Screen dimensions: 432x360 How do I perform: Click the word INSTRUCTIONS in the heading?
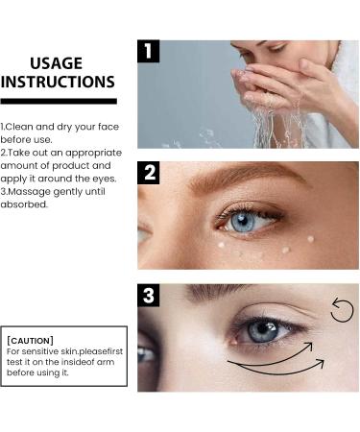point(58,83)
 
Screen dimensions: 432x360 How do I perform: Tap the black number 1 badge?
point(148,51)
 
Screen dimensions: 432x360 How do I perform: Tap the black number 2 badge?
point(148,173)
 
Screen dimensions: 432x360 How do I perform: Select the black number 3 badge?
point(148,296)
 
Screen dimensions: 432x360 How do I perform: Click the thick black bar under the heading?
point(58,100)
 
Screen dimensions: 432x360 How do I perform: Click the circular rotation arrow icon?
point(342,310)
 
